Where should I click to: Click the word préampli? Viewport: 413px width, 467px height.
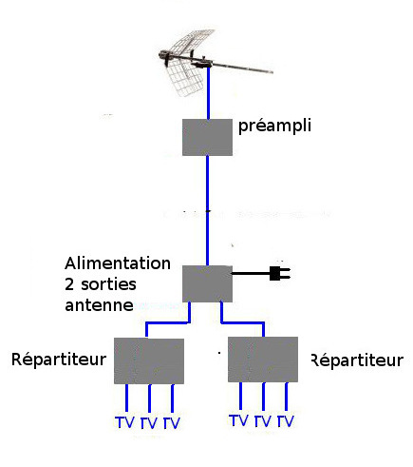click(274, 126)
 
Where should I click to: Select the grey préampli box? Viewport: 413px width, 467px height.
click(207, 137)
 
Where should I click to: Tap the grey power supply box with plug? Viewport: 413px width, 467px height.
click(207, 283)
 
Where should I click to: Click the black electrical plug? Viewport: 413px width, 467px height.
click(280, 273)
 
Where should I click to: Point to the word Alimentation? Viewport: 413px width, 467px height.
click(118, 263)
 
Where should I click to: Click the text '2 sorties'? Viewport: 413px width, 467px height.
click(101, 284)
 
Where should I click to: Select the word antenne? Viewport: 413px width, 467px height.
click(99, 305)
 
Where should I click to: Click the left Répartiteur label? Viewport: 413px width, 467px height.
click(59, 360)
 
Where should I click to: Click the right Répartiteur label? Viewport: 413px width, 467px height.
click(357, 360)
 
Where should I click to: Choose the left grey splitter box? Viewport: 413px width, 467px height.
click(149, 360)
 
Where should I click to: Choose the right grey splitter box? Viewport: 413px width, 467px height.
click(263, 360)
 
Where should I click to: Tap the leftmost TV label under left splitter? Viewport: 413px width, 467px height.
click(124, 422)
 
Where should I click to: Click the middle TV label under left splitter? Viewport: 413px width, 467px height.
click(148, 423)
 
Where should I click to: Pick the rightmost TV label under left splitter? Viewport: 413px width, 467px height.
click(172, 423)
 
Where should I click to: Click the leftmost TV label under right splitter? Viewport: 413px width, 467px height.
click(238, 420)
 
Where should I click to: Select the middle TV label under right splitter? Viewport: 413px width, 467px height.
click(263, 421)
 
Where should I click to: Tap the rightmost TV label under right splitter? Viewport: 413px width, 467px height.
click(286, 421)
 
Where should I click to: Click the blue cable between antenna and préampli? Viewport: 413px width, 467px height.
click(208, 93)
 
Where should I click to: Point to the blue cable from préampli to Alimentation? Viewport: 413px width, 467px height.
click(207, 210)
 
